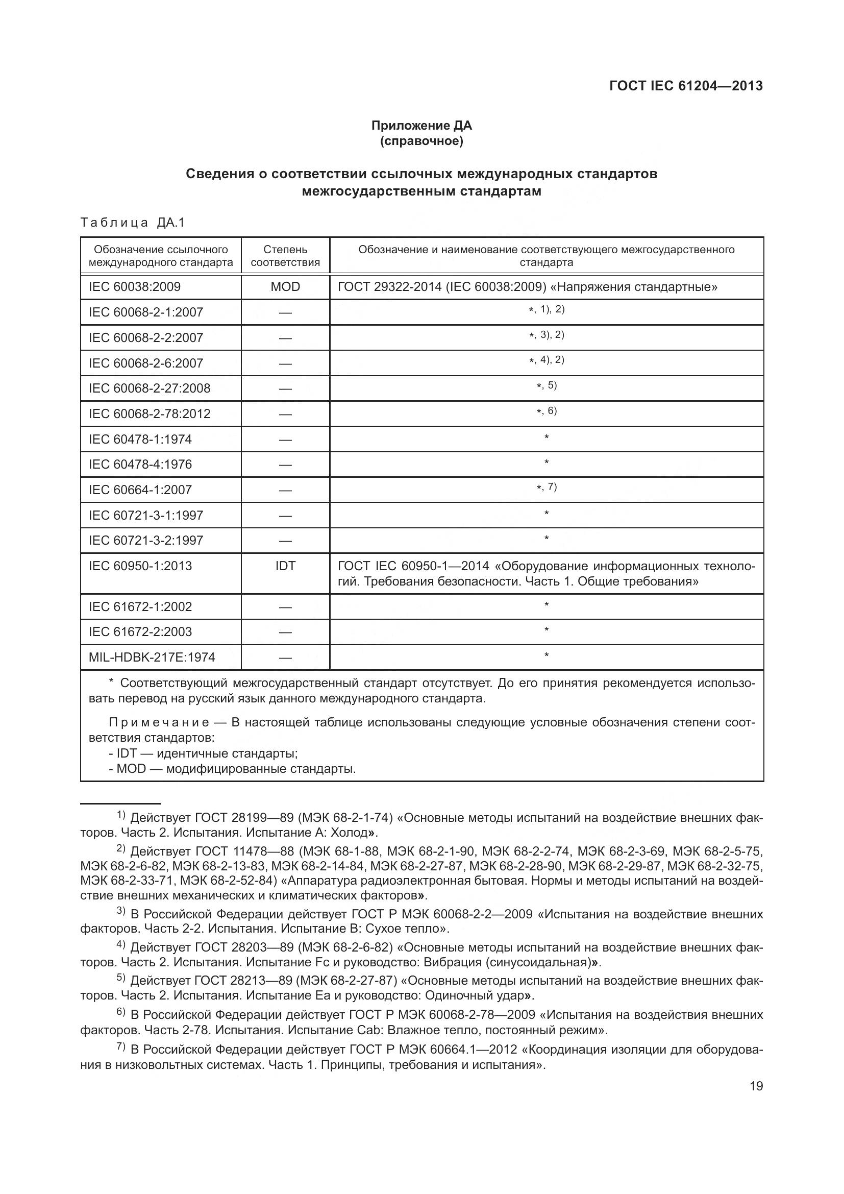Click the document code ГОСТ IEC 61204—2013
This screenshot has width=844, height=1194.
pyautogui.click(x=685, y=86)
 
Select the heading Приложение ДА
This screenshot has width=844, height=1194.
pyautogui.click(x=421, y=126)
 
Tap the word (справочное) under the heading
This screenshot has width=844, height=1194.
pyautogui.click(x=421, y=141)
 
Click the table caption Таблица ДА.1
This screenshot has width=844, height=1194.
pyautogui.click(x=133, y=223)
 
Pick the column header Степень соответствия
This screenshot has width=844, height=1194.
pyautogui.click(x=285, y=256)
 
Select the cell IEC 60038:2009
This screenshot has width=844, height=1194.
pyautogui.click(x=135, y=286)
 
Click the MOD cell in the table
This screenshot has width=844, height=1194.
pyautogui.click(x=285, y=286)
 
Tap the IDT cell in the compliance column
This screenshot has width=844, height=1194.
pyautogui.click(x=285, y=566)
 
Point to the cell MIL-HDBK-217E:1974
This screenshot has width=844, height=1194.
pyautogui.click(x=152, y=657)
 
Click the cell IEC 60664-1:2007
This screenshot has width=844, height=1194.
pyautogui.click(x=140, y=490)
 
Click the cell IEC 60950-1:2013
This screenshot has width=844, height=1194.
pyautogui.click(x=140, y=566)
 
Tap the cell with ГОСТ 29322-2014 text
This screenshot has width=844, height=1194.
pyautogui.click(x=527, y=286)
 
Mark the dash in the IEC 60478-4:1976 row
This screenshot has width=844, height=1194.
pyautogui.click(x=285, y=465)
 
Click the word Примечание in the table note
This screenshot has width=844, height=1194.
pyautogui.click(x=159, y=722)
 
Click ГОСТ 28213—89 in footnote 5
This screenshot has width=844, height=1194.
pyautogui.click(x=243, y=981)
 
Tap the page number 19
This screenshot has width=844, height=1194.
pyautogui.click(x=756, y=1086)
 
